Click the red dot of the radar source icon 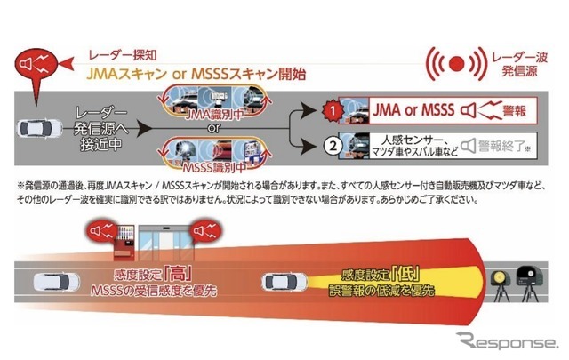pos(455,63)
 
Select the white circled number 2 pos(332,145)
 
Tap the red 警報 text pos(513,112)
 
